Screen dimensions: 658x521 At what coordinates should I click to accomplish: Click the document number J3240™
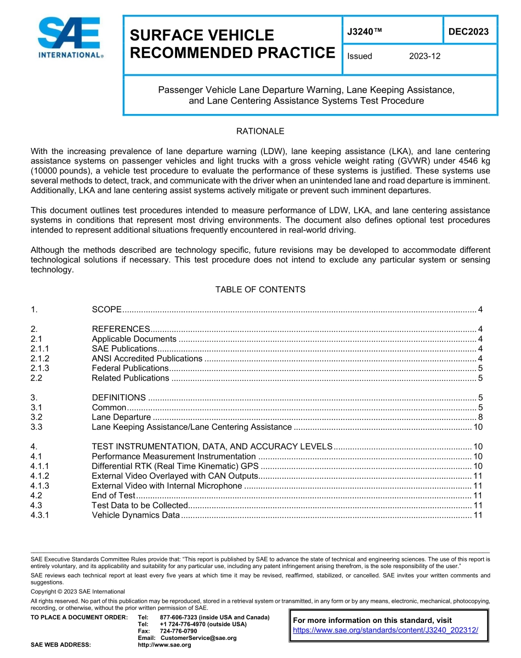364,31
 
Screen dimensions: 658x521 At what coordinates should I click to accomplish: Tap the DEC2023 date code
468,31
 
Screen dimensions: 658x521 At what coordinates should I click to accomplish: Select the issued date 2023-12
424,56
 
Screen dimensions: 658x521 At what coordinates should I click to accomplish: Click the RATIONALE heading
260,131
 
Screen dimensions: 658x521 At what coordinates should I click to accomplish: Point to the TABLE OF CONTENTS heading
260,289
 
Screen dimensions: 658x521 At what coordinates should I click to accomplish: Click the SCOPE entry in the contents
106,309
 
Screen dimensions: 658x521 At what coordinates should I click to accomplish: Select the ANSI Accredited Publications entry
147,358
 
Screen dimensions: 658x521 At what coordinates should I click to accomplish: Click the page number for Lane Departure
479,417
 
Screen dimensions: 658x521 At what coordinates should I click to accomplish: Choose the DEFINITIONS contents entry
118,398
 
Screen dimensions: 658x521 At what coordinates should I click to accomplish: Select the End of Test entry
113,496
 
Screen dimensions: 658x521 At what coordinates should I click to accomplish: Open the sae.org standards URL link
386,630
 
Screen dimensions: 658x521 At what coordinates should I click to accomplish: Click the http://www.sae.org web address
164,645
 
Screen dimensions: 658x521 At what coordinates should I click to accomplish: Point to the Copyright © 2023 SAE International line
78,592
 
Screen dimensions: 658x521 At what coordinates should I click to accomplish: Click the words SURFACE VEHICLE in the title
201,36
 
